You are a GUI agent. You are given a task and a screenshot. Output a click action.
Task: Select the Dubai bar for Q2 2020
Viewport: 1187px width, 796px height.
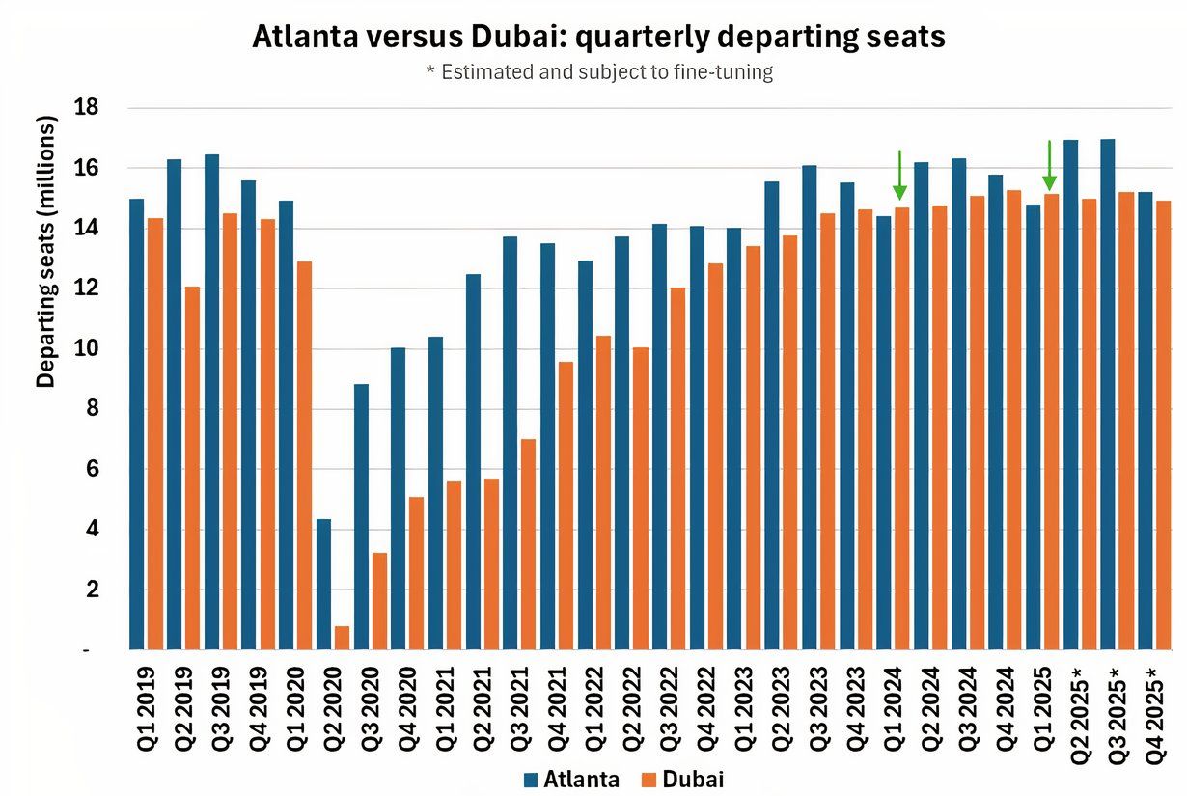coord(342,638)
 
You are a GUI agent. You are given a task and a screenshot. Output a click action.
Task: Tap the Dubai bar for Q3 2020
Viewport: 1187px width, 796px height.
coord(379,600)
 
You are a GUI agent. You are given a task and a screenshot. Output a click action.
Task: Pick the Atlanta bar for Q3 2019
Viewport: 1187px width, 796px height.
coord(211,401)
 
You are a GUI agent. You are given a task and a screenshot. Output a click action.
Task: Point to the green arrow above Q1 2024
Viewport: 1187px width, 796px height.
coord(899,175)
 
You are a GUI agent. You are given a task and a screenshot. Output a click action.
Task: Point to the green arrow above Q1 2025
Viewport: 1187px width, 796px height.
coord(1050,166)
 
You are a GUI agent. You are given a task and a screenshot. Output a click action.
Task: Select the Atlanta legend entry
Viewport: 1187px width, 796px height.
coord(570,780)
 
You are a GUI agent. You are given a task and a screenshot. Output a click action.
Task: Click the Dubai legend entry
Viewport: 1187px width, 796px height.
coord(681,780)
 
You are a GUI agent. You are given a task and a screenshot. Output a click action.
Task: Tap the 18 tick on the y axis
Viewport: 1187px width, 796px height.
coord(88,107)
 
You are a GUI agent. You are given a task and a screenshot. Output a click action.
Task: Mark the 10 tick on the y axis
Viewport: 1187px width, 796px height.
coord(88,348)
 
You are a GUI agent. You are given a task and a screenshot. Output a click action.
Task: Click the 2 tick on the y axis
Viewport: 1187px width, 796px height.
coord(93,590)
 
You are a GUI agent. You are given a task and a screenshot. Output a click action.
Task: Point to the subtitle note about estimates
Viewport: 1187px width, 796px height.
coord(598,72)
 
